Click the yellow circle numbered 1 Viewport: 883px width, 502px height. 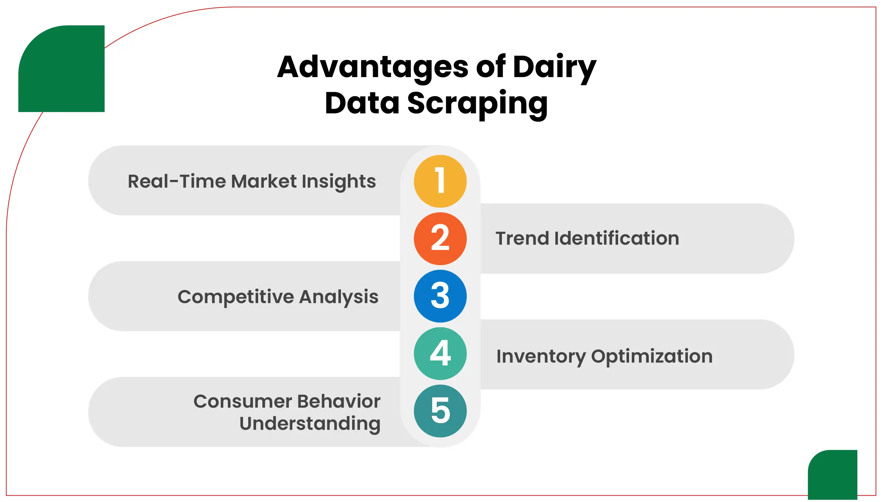[440, 181]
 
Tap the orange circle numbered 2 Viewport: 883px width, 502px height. [440, 238]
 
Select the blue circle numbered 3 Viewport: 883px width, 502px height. [440, 296]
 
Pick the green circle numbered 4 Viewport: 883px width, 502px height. [440, 353]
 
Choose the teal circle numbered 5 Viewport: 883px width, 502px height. [440, 411]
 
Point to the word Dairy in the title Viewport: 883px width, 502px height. [554, 68]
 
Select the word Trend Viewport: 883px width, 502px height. [522, 238]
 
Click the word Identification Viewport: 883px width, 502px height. [616, 238]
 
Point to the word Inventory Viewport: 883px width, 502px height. [541, 356]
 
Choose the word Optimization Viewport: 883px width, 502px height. [652, 356]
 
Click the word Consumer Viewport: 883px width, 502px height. [243, 401]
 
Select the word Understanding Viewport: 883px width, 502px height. [310, 423]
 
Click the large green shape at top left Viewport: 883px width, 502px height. [62, 69]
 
